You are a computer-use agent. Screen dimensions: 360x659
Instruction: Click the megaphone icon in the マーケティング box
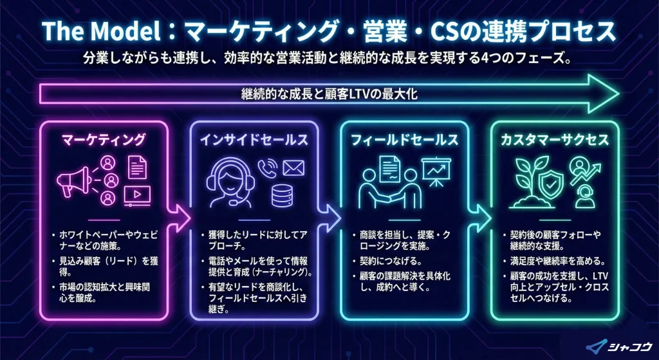[x=72, y=180]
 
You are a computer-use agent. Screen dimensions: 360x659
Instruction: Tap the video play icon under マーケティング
[x=139, y=193]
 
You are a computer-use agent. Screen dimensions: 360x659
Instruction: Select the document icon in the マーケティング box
[x=137, y=166]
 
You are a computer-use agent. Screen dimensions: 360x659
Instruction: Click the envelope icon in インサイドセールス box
[x=293, y=169]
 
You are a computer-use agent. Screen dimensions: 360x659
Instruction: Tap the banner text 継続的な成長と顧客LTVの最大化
[x=329, y=94]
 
